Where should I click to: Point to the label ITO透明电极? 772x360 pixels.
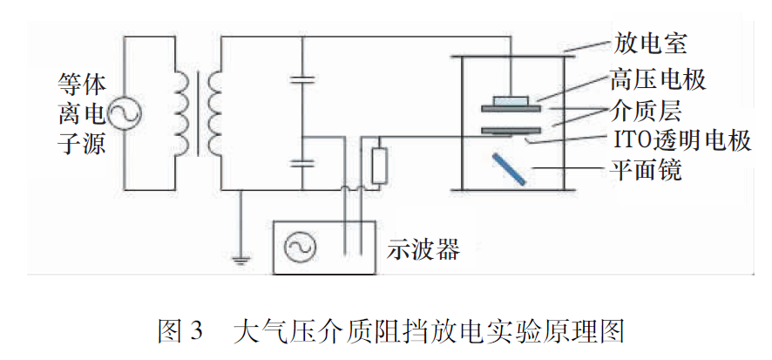click(x=677, y=139)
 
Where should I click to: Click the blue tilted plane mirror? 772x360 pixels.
click(x=507, y=168)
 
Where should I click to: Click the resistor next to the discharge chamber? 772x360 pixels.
click(x=378, y=166)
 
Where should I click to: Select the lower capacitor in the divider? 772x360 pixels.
click(x=302, y=162)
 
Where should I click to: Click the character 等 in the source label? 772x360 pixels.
click(x=71, y=84)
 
